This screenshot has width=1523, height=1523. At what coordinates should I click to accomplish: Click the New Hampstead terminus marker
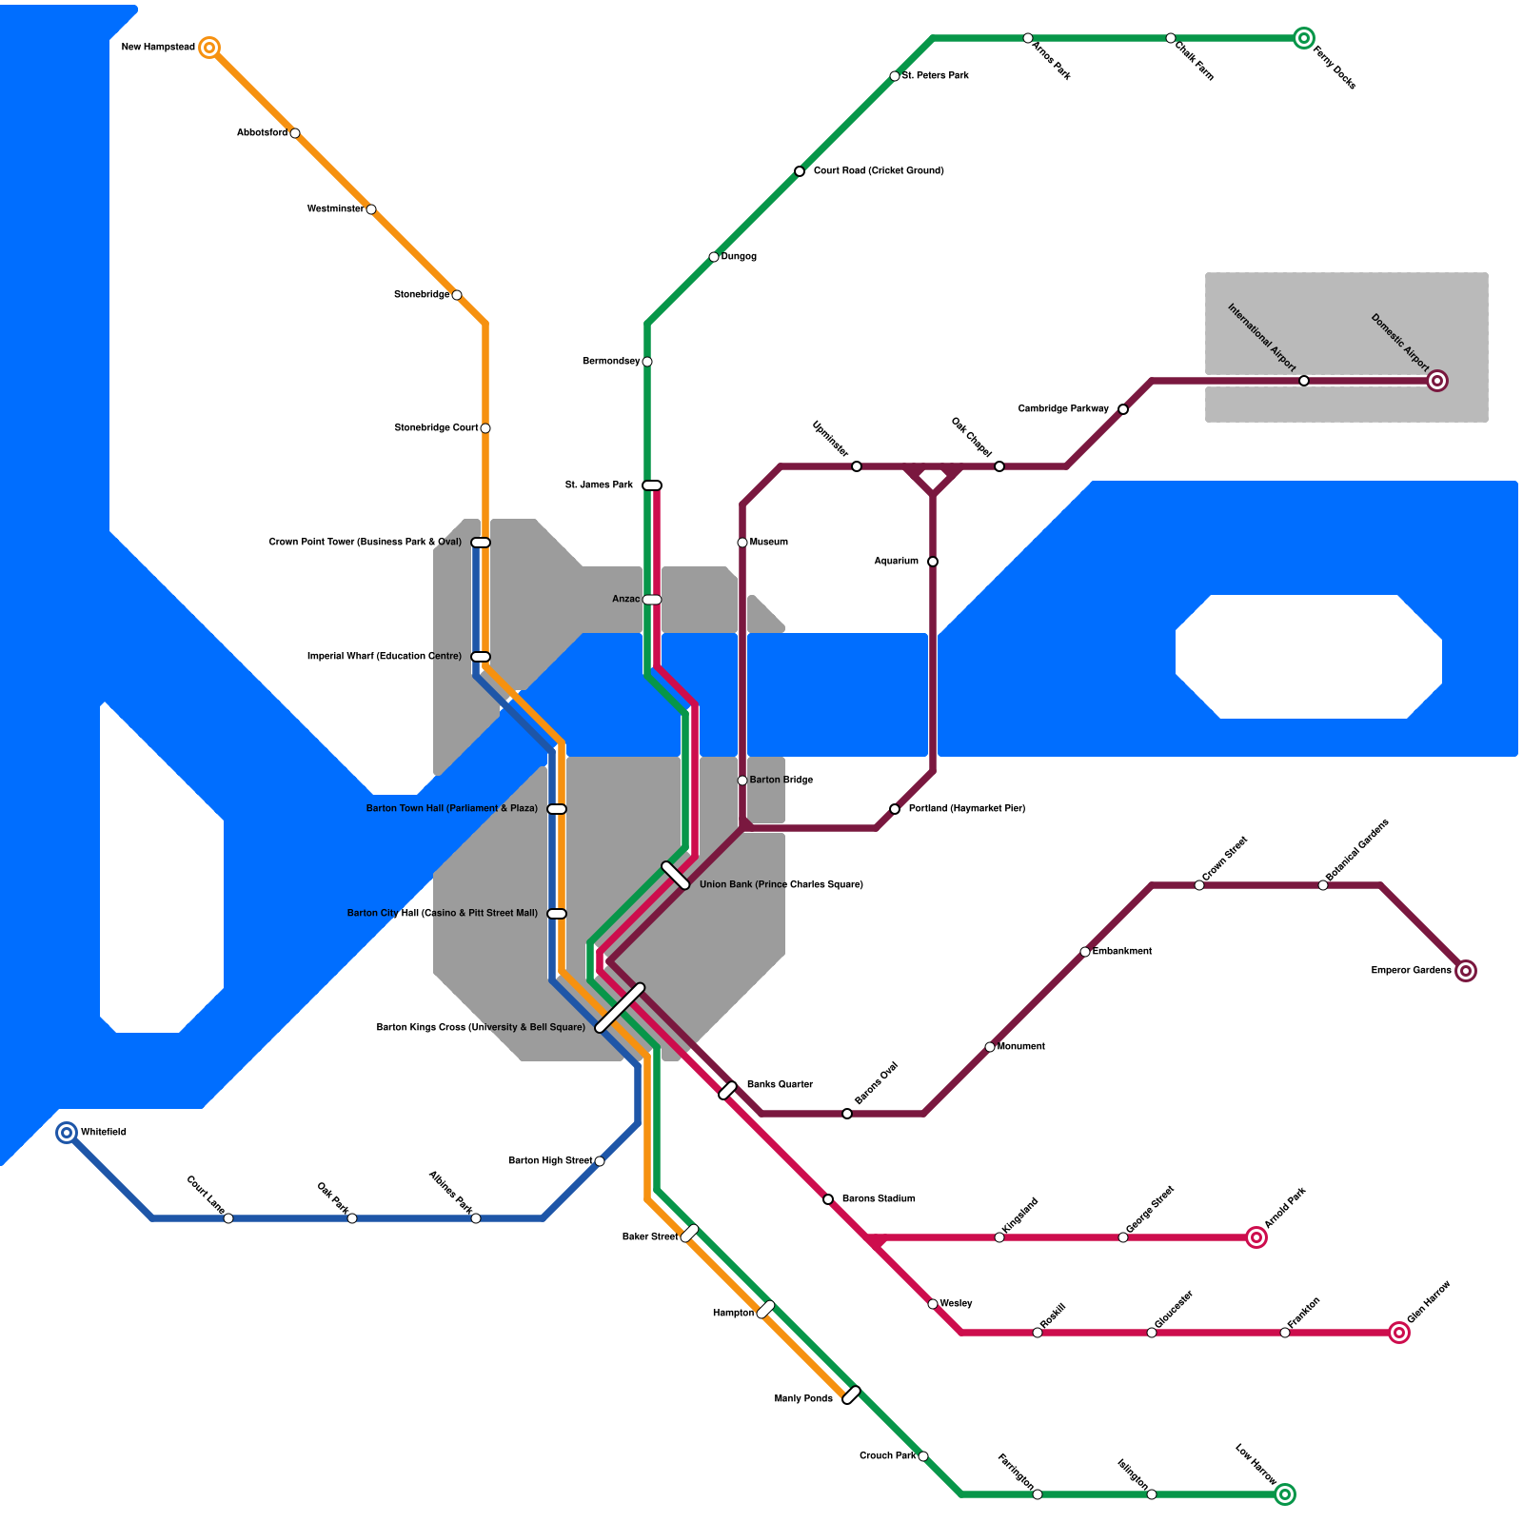pyautogui.click(x=209, y=48)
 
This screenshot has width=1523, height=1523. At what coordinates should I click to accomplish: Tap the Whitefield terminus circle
pyautogui.click(x=67, y=1133)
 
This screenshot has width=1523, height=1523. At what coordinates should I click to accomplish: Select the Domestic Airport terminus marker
pyautogui.click(x=1437, y=381)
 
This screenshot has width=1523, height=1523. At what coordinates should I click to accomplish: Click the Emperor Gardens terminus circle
pyautogui.click(x=1466, y=971)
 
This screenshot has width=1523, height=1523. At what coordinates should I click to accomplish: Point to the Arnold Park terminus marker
pyautogui.click(x=1256, y=1237)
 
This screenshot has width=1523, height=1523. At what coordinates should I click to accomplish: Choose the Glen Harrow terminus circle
pyautogui.click(x=1398, y=1333)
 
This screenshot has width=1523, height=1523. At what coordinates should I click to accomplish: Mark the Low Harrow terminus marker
pyautogui.click(x=1285, y=1494)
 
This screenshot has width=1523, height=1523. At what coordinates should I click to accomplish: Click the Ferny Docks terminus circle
pyautogui.click(x=1304, y=38)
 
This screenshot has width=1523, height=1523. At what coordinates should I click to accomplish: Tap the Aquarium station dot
pyautogui.click(x=933, y=562)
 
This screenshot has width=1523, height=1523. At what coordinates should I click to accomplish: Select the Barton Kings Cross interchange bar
pyautogui.click(x=620, y=1008)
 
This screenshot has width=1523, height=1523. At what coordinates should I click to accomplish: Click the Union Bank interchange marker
pyautogui.click(x=676, y=876)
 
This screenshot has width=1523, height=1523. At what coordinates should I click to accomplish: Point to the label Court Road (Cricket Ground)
pyautogui.click(x=879, y=171)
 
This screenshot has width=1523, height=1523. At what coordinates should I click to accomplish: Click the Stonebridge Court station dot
pyautogui.click(x=485, y=428)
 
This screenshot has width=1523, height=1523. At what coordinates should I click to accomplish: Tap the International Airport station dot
pyautogui.click(x=1304, y=381)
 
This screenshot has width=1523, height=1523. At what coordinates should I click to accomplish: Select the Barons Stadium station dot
pyautogui.click(x=828, y=1199)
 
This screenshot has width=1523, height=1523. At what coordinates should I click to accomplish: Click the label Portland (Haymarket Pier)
pyautogui.click(x=966, y=809)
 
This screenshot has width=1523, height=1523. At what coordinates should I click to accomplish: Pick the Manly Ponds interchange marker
pyautogui.click(x=852, y=1395)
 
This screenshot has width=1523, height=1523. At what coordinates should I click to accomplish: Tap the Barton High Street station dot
pyautogui.click(x=600, y=1161)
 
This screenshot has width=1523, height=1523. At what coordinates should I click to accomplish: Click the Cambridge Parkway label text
pyautogui.click(x=1063, y=409)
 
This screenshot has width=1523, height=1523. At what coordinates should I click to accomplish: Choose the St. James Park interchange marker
pyautogui.click(x=652, y=485)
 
